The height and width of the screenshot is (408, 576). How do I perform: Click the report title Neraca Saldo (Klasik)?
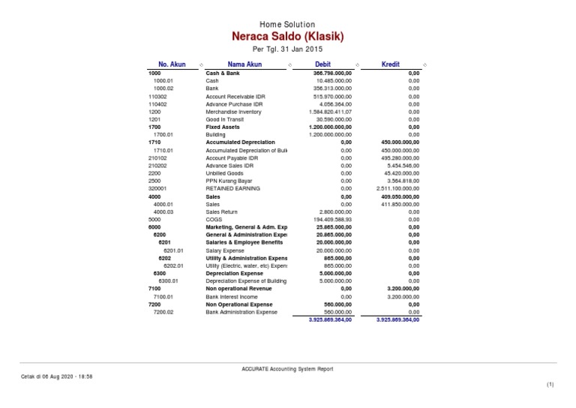coord(289,36)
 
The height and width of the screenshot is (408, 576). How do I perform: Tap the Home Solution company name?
coord(289,24)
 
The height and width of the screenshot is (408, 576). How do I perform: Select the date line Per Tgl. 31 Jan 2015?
coord(289,49)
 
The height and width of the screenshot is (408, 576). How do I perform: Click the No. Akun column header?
coord(172,64)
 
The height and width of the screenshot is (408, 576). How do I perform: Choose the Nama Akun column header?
coord(244,64)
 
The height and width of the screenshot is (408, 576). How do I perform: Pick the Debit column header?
coord(323,64)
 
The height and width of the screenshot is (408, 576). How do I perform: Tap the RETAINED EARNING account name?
coord(233,188)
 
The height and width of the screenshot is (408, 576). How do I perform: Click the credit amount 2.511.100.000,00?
coord(398,188)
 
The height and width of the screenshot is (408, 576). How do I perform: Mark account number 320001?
coord(157,188)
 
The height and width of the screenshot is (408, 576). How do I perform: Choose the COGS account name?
coord(214,219)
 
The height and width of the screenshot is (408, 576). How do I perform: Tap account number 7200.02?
coord(163,311)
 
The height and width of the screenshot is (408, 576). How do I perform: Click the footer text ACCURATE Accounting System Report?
coord(289,368)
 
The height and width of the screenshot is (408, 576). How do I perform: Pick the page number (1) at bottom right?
coord(549,384)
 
